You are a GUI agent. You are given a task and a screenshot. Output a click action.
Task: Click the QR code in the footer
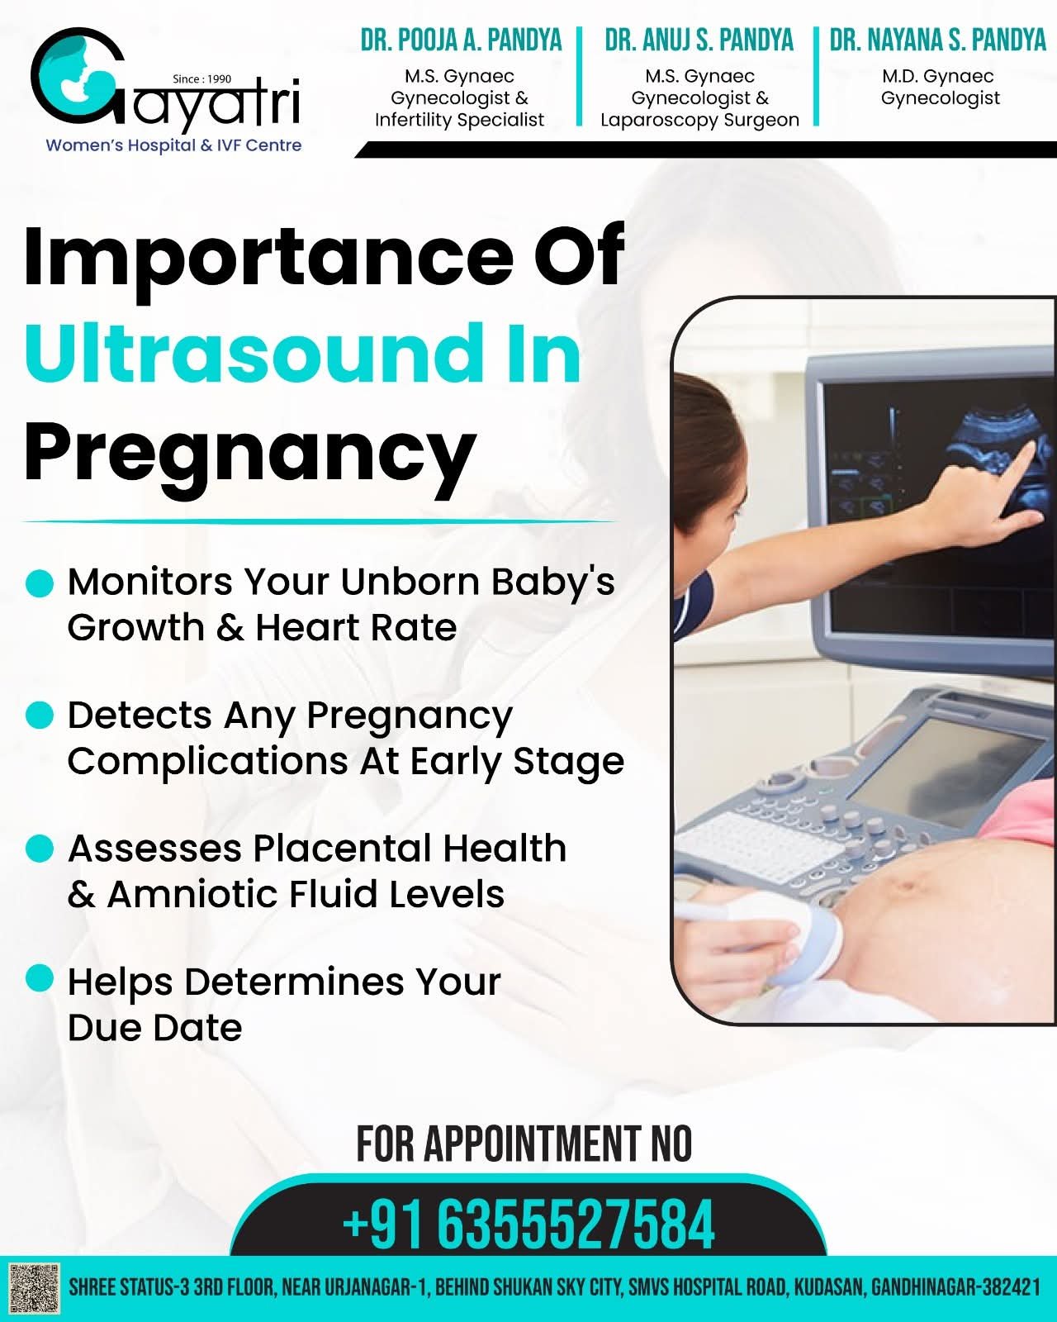pyautogui.click(x=35, y=1288)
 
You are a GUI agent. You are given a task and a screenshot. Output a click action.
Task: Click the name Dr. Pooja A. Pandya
pyautogui.click(x=461, y=40)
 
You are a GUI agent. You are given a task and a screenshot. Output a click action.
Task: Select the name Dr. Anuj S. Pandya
pyautogui.click(x=699, y=40)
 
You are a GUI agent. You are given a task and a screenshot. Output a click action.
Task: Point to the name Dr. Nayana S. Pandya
pyautogui.click(x=938, y=40)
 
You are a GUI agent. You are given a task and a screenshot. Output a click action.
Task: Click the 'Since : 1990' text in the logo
pyautogui.click(x=202, y=78)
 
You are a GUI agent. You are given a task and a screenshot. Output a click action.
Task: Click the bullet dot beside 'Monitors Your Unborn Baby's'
pyautogui.click(x=40, y=583)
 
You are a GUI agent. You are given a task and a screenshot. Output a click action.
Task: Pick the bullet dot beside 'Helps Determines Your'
pyautogui.click(x=40, y=977)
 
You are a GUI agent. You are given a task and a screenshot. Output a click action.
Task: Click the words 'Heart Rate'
pyautogui.click(x=356, y=628)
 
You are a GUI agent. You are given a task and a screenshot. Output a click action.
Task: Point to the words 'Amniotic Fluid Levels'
pyautogui.click(x=306, y=895)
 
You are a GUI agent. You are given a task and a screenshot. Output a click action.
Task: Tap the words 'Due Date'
pyautogui.click(x=154, y=1028)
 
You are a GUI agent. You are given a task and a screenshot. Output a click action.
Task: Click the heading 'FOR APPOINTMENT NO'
pyautogui.click(x=524, y=1144)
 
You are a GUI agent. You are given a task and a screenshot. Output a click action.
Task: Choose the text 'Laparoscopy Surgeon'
pyautogui.click(x=699, y=120)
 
